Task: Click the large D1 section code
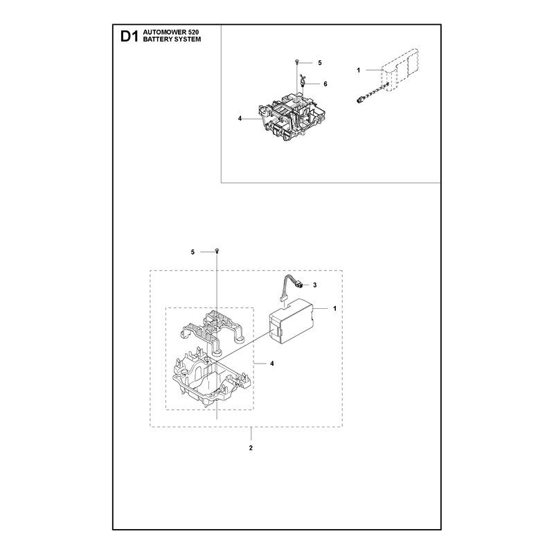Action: click(129, 37)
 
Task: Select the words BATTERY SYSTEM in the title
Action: click(172, 39)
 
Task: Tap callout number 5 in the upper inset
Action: click(320, 63)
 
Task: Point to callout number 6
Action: click(325, 84)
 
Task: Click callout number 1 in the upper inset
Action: click(358, 71)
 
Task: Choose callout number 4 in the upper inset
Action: click(240, 118)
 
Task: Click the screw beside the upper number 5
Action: click(296, 62)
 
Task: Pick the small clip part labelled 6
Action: click(302, 81)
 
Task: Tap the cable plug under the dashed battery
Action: click(359, 100)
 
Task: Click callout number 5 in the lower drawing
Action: click(193, 252)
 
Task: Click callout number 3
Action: click(315, 285)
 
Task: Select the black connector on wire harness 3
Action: click(298, 284)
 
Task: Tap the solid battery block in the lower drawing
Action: click(292, 321)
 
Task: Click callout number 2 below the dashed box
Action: click(251, 448)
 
